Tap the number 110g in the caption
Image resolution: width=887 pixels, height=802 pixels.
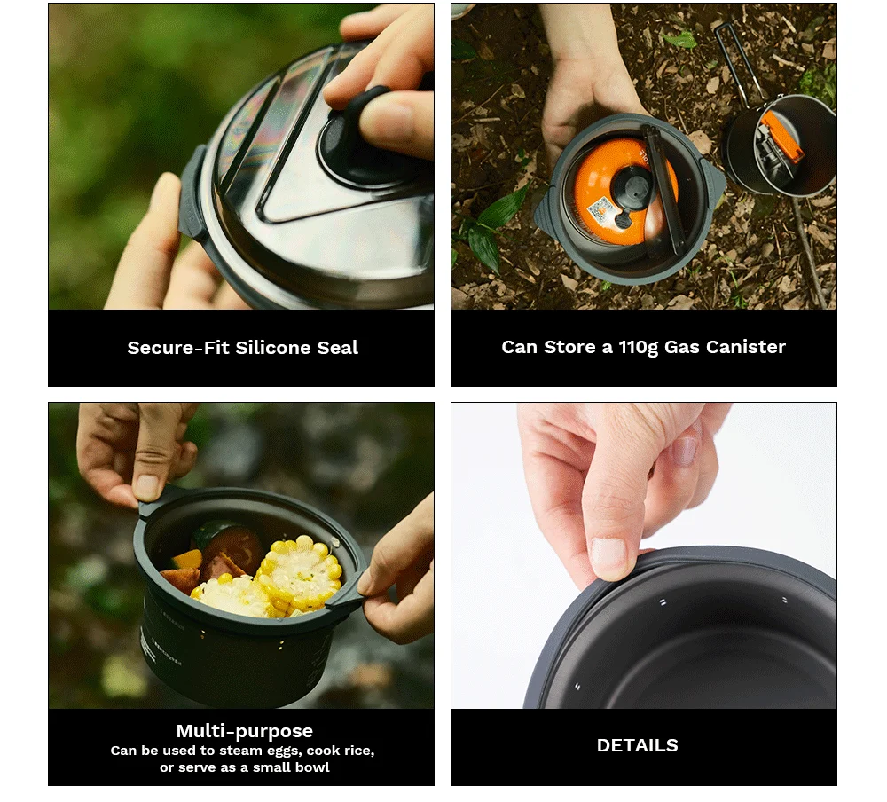tap(638, 348)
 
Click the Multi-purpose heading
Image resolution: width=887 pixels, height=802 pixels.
tap(245, 731)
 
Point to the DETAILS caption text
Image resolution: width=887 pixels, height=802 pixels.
tap(638, 745)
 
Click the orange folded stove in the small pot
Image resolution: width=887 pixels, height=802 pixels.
tap(781, 136)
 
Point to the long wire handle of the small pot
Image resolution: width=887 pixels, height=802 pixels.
tap(735, 62)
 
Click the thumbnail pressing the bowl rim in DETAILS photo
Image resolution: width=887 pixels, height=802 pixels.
tap(608, 557)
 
